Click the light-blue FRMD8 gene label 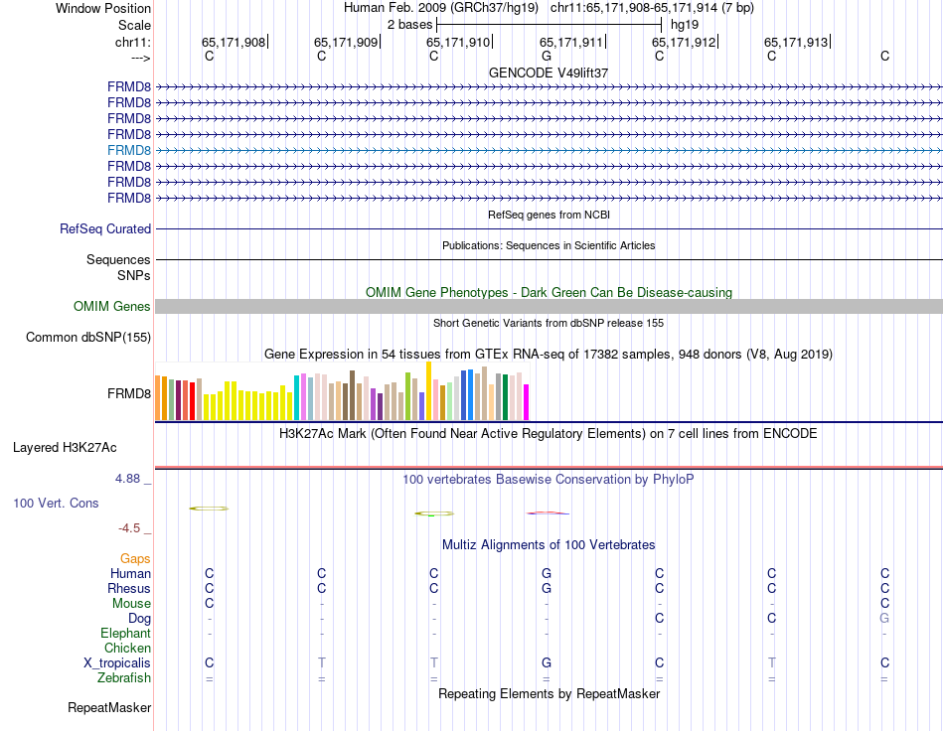pyautogui.click(x=129, y=150)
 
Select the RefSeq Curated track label pyautogui.click(x=105, y=229)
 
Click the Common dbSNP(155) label pyautogui.click(x=88, y=338)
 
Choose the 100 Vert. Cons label pyautogui.click(x=56, y=504)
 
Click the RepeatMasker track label pyautogui.click(x=109, y=708)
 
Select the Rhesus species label pyautogui.click(x=129, y=589)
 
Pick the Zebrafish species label pyautogui.click(x=124, y=678)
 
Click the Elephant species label pyautogui.click(x=125, y=634)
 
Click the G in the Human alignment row pyautogui.click(x=547, y=574)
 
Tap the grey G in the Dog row pyautogui.click(x=884, y=619)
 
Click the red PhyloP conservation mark pyautogui.click(x=548, y=512)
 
